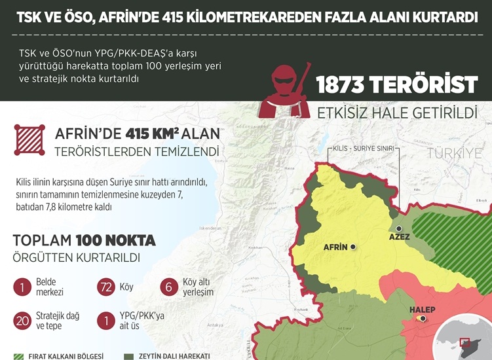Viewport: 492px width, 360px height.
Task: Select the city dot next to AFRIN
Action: click(x=353, y=247)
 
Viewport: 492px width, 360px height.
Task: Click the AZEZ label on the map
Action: click(x=399, y=236)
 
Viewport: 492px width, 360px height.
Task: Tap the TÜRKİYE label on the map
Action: click(x=454, y=153)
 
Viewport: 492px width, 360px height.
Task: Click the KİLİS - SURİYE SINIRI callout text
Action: click(x=364, y=149)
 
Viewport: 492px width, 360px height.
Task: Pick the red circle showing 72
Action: click(x=105, y=287)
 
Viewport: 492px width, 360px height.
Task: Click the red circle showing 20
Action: click(x=22, y=321)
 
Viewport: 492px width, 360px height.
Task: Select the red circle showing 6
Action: click(x=169, y=287)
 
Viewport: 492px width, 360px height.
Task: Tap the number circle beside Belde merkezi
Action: click(x=22, y=287)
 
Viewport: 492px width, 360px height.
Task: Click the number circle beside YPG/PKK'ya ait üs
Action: click(x=105, y=321)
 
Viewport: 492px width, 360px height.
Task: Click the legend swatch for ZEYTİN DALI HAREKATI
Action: click(x=128, y=356)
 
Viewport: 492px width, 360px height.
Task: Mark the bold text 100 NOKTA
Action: click(x=115, y=240)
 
